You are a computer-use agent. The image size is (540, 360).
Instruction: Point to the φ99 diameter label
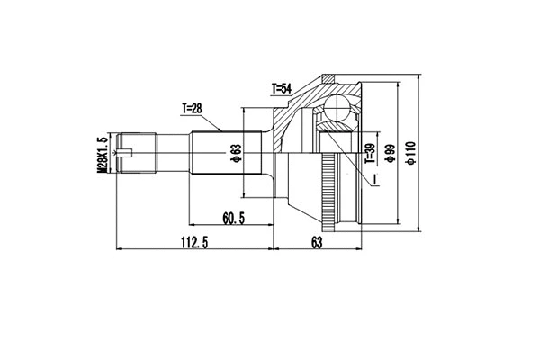(389, 155)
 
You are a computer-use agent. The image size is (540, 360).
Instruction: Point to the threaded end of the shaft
(135, 153)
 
